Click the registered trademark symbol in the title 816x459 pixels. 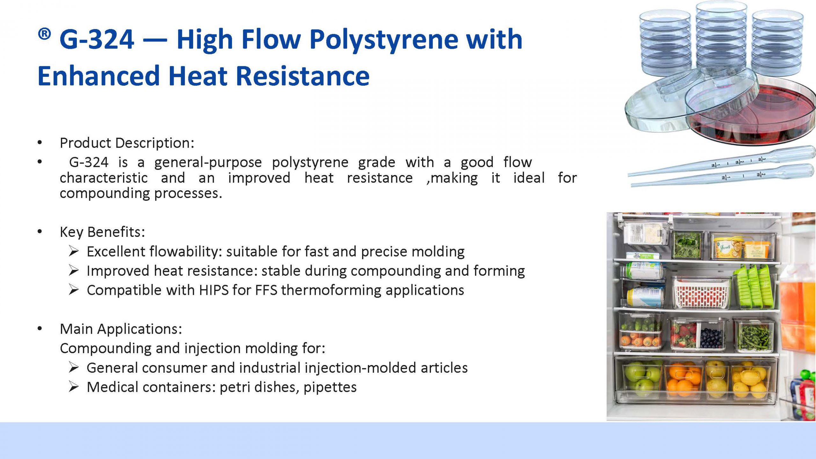point(44,34)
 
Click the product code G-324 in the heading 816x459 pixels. point(97,39)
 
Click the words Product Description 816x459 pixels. point(127,143)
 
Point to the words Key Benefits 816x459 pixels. point(102,232)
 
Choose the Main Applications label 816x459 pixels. point(121,329)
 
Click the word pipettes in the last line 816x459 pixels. point(330,388)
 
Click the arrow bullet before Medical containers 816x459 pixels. point(74,387)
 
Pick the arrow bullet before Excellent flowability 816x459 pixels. point(74,251)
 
